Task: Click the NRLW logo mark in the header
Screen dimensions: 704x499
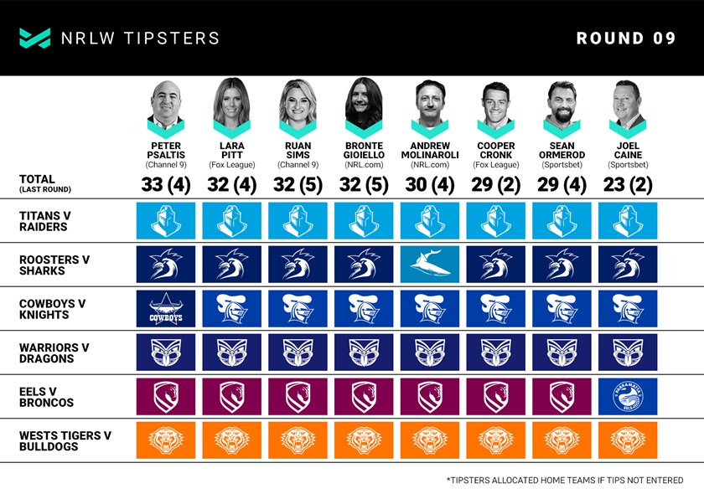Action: click(35, 39)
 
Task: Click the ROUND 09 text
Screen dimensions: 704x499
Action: click(626, 39)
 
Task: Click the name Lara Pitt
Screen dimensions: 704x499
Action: click(231, 150)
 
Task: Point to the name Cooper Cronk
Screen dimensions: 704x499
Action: click(495, 150)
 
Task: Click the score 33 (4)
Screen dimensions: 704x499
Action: click(166, 184)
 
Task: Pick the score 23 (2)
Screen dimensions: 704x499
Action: click(628, 184)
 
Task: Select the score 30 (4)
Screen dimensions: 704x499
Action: click(430, 184)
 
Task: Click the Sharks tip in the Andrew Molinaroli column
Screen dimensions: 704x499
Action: click(430, 265)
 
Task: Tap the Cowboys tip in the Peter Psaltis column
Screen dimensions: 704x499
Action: click(166, 308)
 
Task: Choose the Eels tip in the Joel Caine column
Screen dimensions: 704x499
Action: click(628, 396)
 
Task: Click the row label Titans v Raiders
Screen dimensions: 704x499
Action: click(45, 221)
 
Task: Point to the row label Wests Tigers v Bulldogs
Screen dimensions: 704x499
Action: click(65, 440)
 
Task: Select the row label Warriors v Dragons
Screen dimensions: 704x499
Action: click(54, 352)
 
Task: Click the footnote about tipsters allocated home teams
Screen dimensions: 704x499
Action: click(565, 481)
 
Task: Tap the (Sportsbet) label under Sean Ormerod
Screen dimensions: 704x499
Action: click(562, 165)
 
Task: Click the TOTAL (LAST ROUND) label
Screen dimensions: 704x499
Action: click(45, 183)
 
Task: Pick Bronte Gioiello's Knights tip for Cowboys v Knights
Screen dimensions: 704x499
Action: click(364, 308)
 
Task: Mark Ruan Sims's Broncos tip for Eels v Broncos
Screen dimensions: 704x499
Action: click(298, 396)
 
